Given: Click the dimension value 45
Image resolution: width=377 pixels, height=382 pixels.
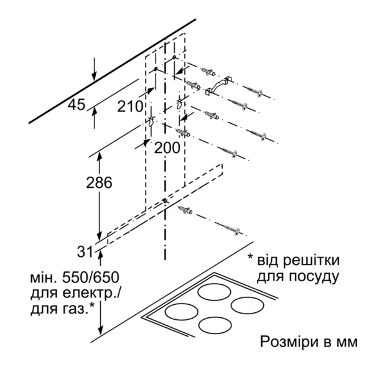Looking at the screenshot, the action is pyautogui.click(x=77, y=105).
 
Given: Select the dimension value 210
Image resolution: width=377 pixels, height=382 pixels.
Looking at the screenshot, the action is pyautogui.click(x=130, y=106).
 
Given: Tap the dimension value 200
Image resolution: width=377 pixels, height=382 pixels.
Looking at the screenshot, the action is pyautogui.click(x=167, y=147).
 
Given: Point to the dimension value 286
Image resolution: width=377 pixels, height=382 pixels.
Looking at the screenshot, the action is pyautogui.click(x=99, y=182).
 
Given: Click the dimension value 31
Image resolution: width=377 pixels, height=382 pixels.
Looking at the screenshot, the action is pyautogui.click(x=85, y=252).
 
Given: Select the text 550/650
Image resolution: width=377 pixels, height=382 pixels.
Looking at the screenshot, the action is pyautogui.click(x=91, y=277).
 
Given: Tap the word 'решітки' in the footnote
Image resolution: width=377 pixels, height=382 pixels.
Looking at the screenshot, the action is pyautogui.click(x=311, y=260).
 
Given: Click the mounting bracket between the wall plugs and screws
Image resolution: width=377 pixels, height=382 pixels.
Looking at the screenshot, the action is pyautogui.click(x=218, y=85).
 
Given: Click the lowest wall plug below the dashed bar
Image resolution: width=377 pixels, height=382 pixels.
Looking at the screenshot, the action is pyautogui.click(x=185, y=210).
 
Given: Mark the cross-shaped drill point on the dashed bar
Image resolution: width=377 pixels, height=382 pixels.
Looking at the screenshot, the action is pyautogui.click(x=165, y=200).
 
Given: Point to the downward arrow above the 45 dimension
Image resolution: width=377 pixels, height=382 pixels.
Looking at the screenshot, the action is pyautogui.click(x=95, y=69).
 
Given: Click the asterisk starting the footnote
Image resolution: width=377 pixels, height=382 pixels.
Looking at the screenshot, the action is pyautogui.click(x=251, y=258).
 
